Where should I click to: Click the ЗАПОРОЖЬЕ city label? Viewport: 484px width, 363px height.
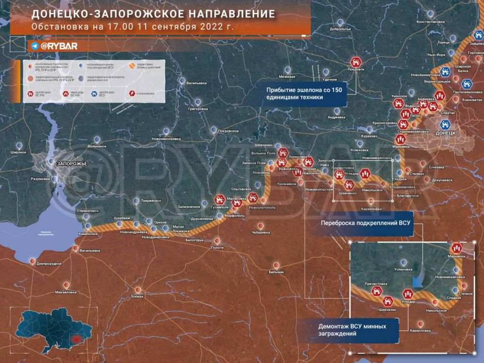tap(71, 164)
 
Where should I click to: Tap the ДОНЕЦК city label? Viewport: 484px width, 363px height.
tap(445, 132)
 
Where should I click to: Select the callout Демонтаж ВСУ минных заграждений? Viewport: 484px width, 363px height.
tap(352, 330)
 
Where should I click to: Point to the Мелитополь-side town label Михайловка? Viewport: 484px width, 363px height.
tap(66, 292)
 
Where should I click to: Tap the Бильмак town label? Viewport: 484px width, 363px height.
tap(276, 272)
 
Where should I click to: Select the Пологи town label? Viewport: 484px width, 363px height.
tap(218, 247)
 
